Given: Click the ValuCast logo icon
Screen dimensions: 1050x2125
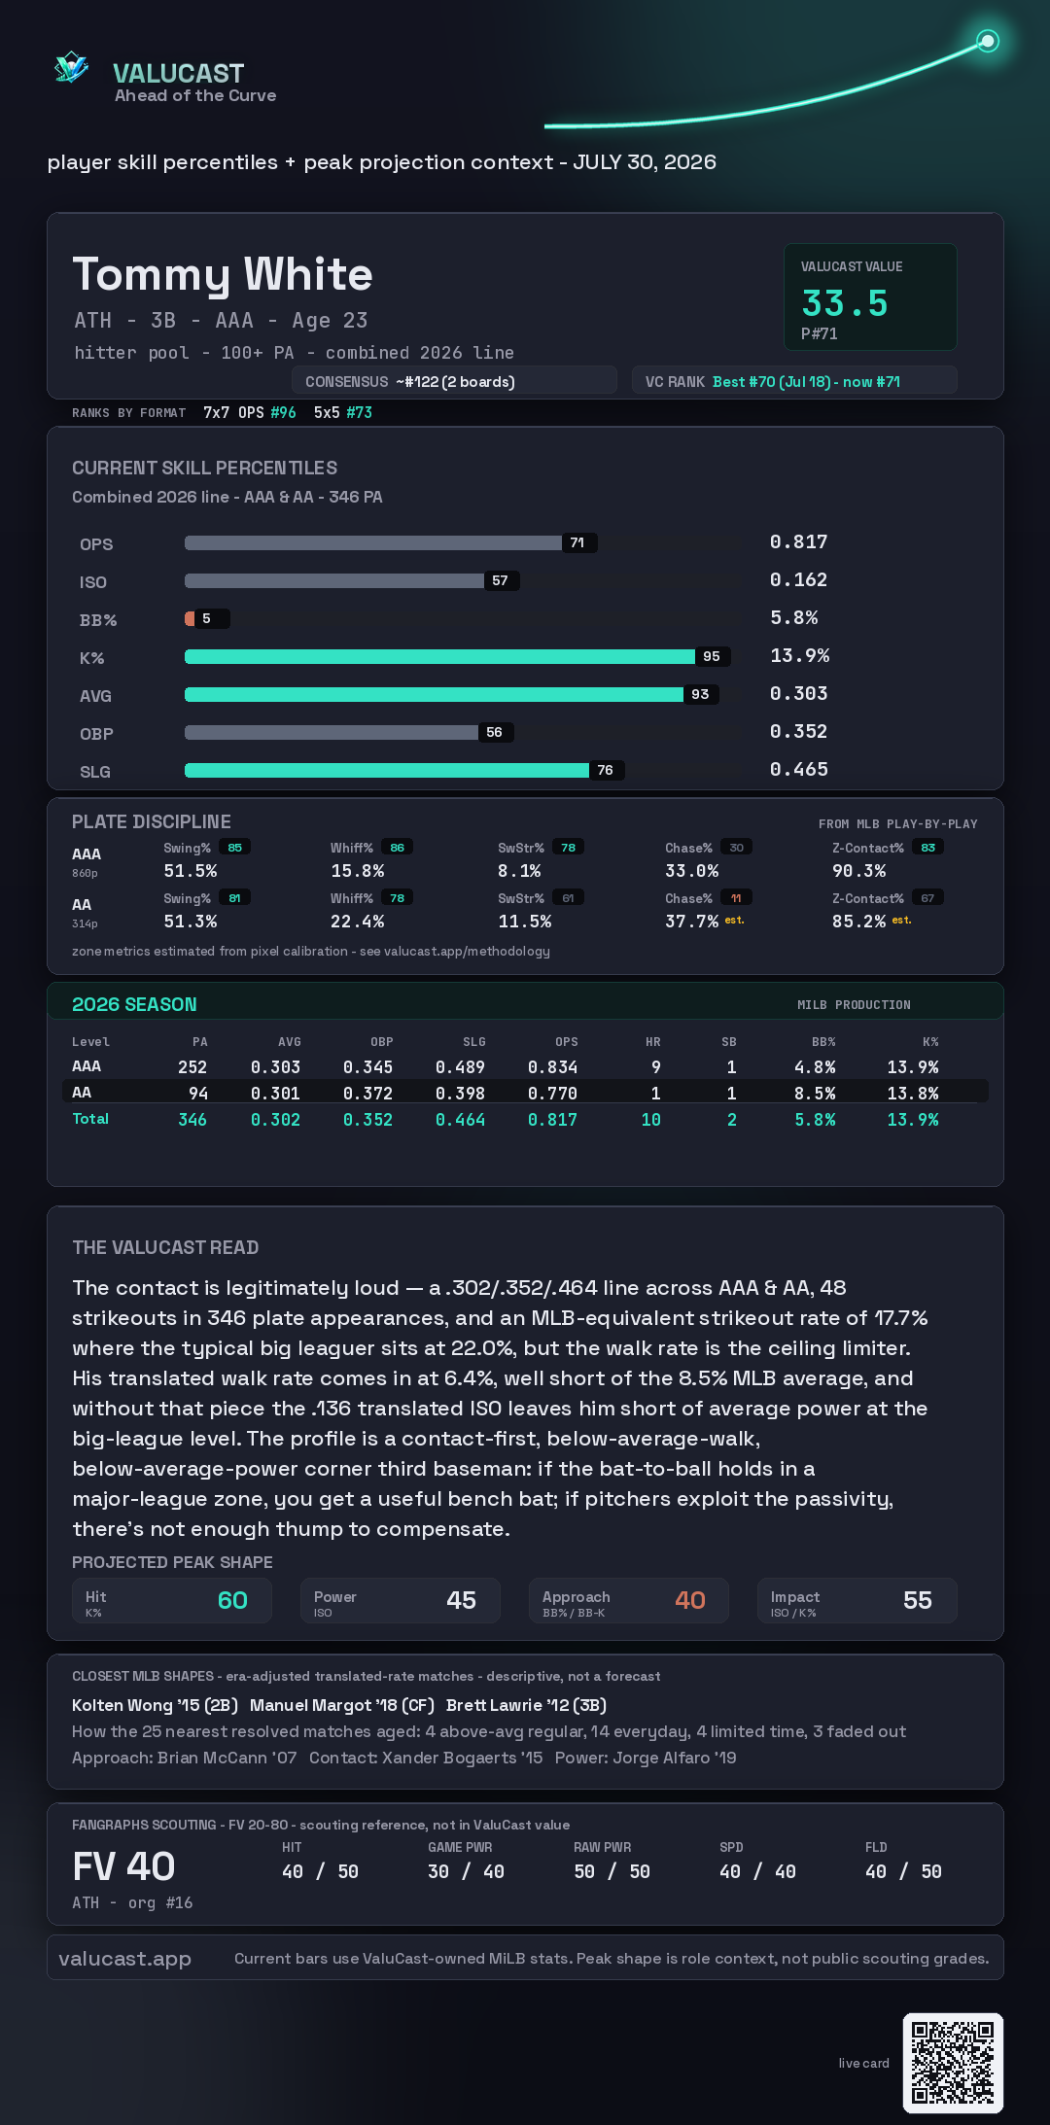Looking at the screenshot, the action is tap(71, 68).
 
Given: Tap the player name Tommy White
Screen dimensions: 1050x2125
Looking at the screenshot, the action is tap(223, 274).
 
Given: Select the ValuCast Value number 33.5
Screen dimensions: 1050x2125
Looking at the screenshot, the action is tap(845, 303).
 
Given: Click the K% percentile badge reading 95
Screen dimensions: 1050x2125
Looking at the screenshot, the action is tap(712, 656).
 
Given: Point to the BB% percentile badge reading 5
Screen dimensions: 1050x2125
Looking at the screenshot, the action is tap(206, 618).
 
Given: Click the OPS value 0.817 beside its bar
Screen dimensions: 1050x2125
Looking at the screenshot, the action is tap(798, 541).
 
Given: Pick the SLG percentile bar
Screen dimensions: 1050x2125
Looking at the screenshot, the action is tap(387, 770).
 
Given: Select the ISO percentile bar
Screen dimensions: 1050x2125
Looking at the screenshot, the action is tap(334, 580).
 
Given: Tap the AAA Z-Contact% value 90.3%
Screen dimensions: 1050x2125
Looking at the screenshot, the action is tap(859, 871).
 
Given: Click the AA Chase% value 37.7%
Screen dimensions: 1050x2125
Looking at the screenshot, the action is tap(692, 922).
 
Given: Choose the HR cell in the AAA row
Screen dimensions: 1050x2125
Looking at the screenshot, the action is tap(656, 1067).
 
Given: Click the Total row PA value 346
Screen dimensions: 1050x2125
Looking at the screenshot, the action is tap(192, 1120).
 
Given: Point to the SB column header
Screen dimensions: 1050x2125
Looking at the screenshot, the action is tap(729, 1042).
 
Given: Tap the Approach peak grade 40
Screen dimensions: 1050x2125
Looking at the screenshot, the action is tap(690, 1600).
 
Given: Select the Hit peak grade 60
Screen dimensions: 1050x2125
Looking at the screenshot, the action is tap(232, 1600).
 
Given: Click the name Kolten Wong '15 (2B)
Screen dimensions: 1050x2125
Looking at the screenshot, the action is tap(155, 1705).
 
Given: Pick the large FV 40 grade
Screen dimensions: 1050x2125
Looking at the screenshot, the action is tap(123, 1866).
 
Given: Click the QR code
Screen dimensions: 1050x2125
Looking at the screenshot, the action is tap(953, 2063).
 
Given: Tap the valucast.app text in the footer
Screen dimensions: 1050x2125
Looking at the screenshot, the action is tap(124, 1959).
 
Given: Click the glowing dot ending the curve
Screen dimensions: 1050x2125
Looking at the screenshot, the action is tap(988, 41).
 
